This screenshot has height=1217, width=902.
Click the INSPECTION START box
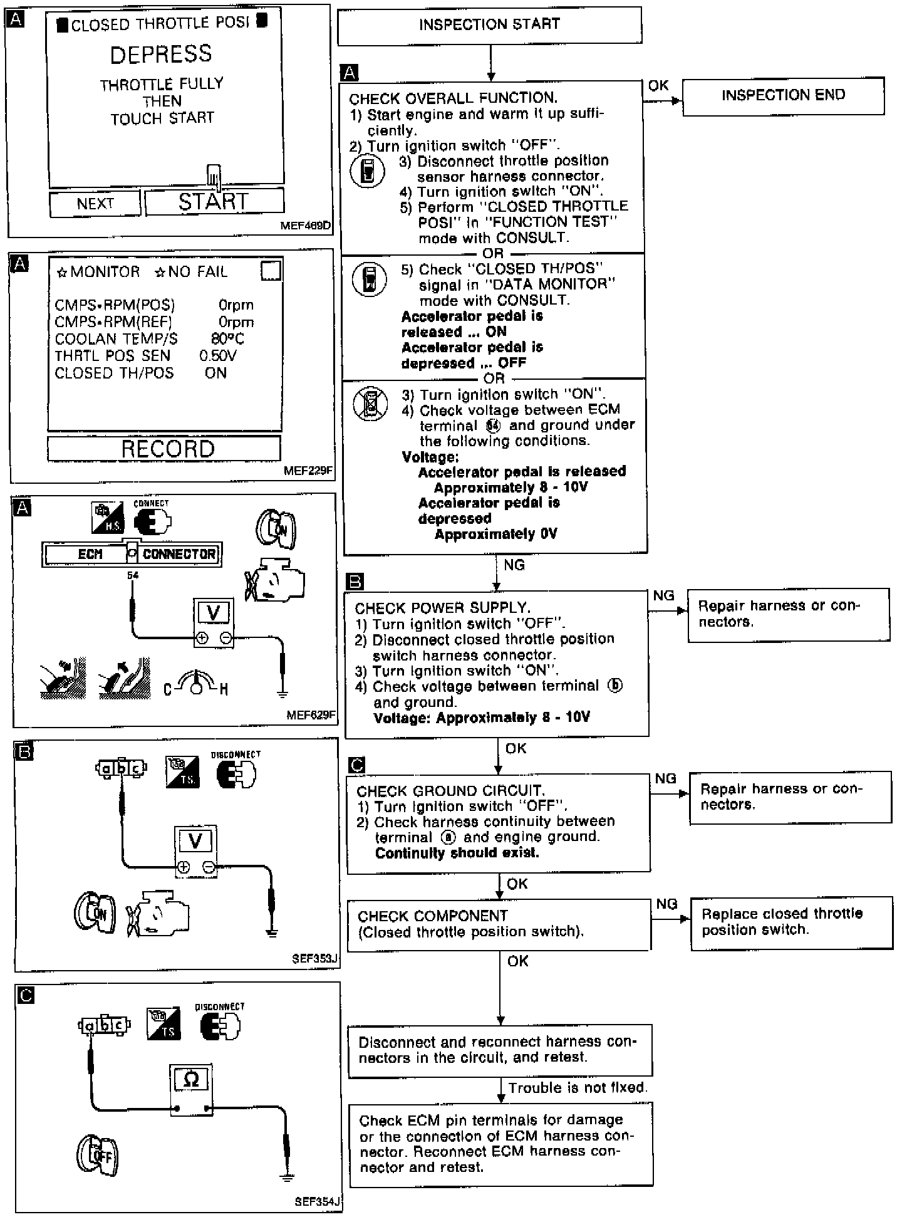click(x=489, y=25)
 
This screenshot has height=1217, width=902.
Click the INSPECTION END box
click(x=783, y=95)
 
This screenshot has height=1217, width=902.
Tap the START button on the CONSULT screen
click(x=214, y=202)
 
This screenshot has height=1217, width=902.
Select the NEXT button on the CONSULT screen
click(x=95, y=204)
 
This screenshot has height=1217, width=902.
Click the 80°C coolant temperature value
click(x=227, y=339)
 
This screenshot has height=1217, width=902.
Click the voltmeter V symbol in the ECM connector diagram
click(x=213, y=613)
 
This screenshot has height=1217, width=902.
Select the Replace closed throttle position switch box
click(x=791, y=922)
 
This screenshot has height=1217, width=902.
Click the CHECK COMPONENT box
click(x=499, y=924)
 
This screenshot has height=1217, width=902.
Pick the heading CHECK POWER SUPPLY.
click(x=442, y=608)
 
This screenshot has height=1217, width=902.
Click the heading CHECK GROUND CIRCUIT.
click(x=450, y=791)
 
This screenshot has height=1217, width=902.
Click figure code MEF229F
click(x=308, y=470)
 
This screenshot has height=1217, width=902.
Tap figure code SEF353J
click(x=314, y=959)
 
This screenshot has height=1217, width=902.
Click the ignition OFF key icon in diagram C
click(x=98, y=1154)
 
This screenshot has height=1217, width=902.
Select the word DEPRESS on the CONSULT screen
click(x=161, y=55)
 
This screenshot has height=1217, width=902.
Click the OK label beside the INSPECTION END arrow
click(x=658, y=86)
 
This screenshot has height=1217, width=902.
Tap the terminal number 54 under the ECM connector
click(x=133, y=575)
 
